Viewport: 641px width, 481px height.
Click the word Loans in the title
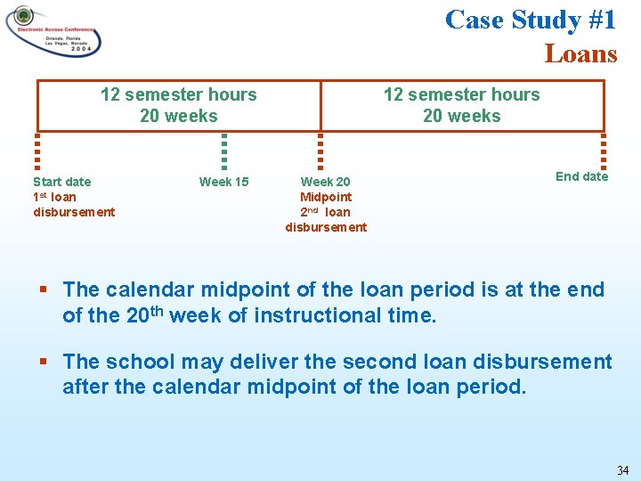[x=580, y=53]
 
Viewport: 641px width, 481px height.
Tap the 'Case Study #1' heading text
[x=531, y=19]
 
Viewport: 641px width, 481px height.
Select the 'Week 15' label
[x=223, y=182]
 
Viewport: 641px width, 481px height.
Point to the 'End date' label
[x=581, y=176]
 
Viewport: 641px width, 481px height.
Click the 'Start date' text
[x=61, y=182]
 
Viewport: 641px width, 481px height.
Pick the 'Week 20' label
[x=325, y=182]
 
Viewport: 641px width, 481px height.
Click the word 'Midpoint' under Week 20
[x=326, y=197]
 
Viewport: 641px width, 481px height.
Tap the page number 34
[x=622, y=470]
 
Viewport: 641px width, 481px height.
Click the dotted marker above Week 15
[x=224, y=151]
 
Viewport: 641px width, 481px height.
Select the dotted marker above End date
[x=604, y=151]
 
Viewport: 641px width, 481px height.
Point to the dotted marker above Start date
[x=37, y=151]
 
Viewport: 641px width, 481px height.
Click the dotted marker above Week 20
[x=320, y=151]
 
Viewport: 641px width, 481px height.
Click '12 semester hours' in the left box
[x=178, y=94]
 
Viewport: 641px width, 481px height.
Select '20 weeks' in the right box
[x=461, y=116]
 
